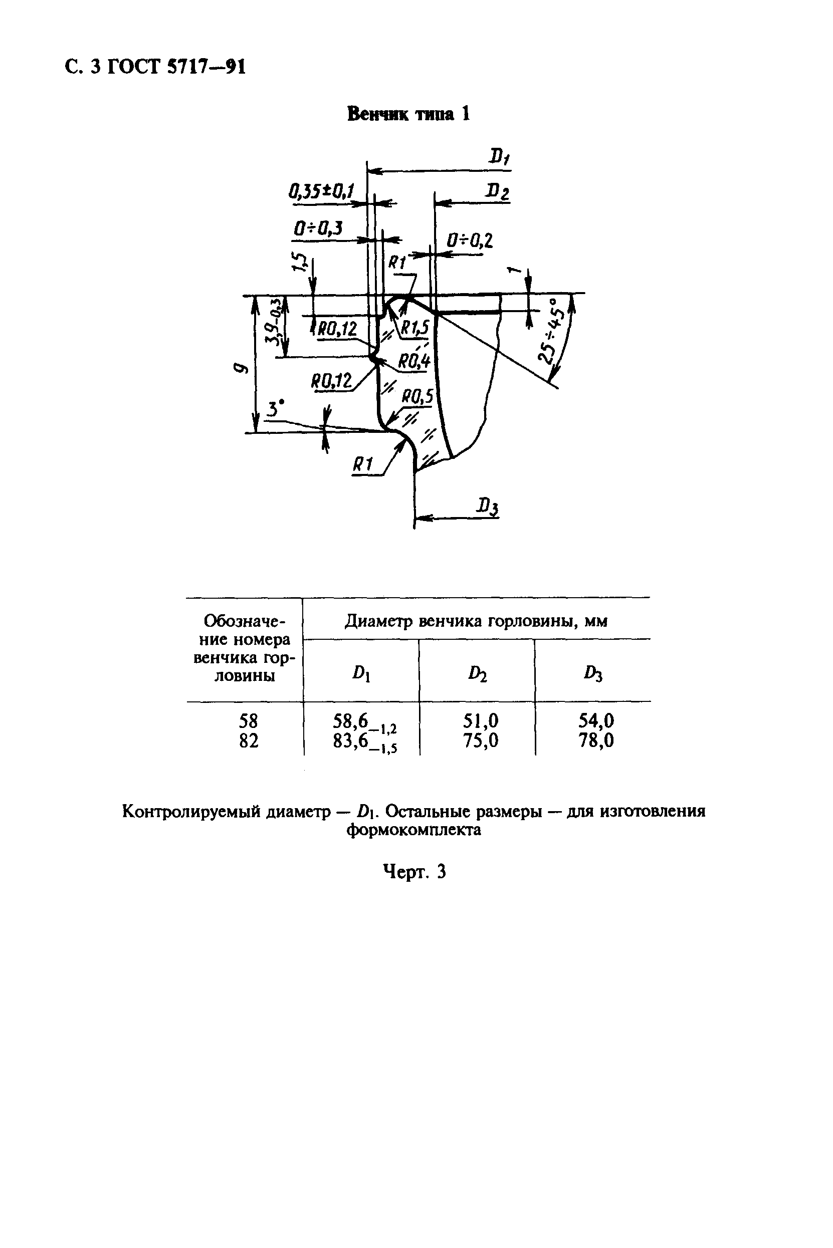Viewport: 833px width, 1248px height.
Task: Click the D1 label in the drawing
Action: [x=499, y=157]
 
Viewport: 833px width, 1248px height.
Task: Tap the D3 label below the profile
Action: [x=488, y=507]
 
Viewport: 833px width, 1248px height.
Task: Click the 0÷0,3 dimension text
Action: [x=318, y=228]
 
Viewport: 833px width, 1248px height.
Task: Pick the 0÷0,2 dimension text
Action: [x=469, y=241]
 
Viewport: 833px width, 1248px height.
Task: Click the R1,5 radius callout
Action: [x=415, y=328]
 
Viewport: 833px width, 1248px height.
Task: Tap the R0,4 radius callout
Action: [x=414, y=362]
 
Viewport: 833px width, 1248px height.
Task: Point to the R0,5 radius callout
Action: [x=418, y=396]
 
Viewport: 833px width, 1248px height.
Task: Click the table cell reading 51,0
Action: [x=481, y=720]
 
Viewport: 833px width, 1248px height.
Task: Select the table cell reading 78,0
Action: [x=596, y=740]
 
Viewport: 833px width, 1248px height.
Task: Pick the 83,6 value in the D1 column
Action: [x=351, y=740]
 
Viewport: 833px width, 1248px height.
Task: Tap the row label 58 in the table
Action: [x=249, y=720]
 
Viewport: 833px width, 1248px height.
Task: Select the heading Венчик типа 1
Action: [x=408, y=114]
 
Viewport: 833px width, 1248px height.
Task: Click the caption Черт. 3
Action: [x=414, y=872]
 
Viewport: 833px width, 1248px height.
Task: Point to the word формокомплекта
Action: [x=414, y=830]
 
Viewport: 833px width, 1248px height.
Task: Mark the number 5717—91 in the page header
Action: [x=206, y=66]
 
